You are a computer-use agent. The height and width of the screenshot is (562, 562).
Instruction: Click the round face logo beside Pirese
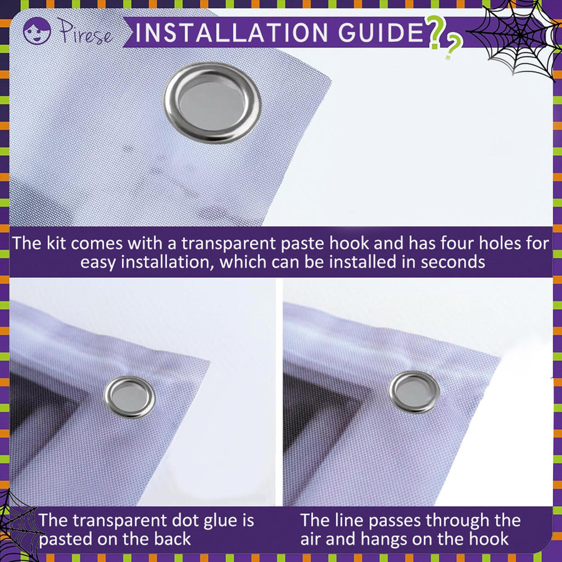(x=37, y=31)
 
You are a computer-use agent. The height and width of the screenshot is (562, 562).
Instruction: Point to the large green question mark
(x=435, y=32)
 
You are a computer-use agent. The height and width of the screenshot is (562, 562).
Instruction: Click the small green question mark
(x=453, y=46)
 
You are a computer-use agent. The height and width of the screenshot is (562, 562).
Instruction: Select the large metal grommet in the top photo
(x=212, y=103)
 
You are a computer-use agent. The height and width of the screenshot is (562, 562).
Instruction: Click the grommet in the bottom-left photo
(x=130, y=397)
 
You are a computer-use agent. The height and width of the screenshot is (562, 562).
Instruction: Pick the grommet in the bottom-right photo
(x=414, y=392)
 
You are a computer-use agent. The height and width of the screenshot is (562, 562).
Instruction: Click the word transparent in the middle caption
(x=229, y=244)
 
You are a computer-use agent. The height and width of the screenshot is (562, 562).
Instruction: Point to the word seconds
(x=453, y=262)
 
